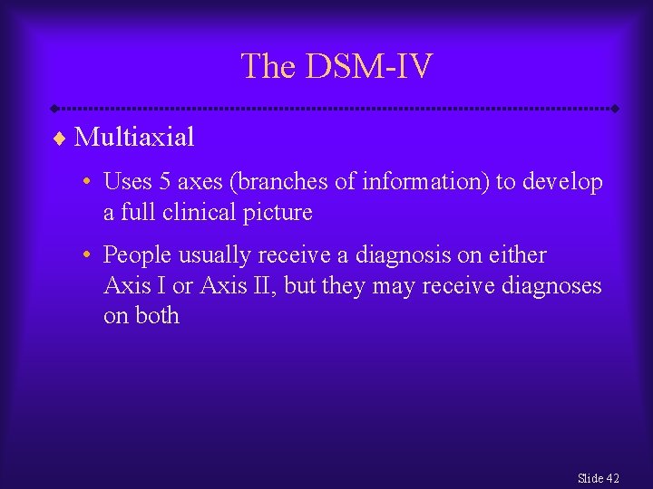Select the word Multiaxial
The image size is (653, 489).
[134, 138]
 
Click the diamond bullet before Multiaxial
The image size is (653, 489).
[60, 139]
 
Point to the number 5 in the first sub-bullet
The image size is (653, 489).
[165, 182]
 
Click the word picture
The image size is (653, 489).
[275, 213]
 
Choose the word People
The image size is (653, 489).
[135, 255]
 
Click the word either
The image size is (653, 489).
[517, 255]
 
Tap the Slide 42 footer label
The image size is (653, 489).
[598, 478]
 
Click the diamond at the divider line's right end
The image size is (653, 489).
[615, 109]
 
